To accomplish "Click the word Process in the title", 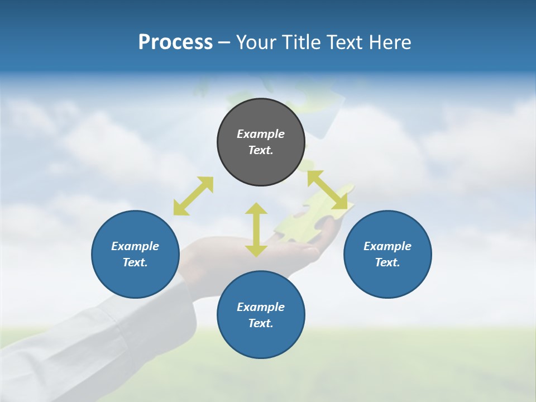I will point(175,42).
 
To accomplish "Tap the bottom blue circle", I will point(261,341).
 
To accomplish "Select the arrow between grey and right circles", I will point(330,190).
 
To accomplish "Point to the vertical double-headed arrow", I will point(256,229).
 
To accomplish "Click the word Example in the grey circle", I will point(260,134).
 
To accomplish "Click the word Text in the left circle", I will point(135,262).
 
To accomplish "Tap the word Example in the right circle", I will point(387,246).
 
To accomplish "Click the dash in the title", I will point(224,43).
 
